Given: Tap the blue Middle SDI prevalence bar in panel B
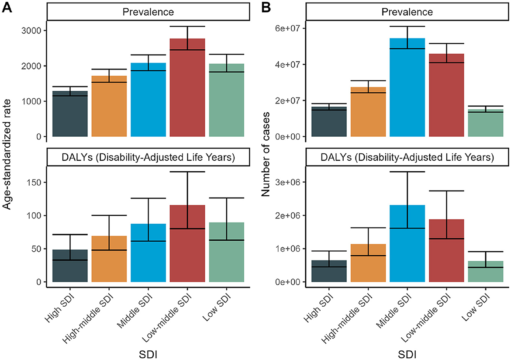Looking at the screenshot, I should coord(407,87).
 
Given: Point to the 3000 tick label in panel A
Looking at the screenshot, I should coord(32,31).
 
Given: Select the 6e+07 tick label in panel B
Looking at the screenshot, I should coord(290,28).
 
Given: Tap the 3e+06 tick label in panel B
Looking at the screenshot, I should coord(290,182).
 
